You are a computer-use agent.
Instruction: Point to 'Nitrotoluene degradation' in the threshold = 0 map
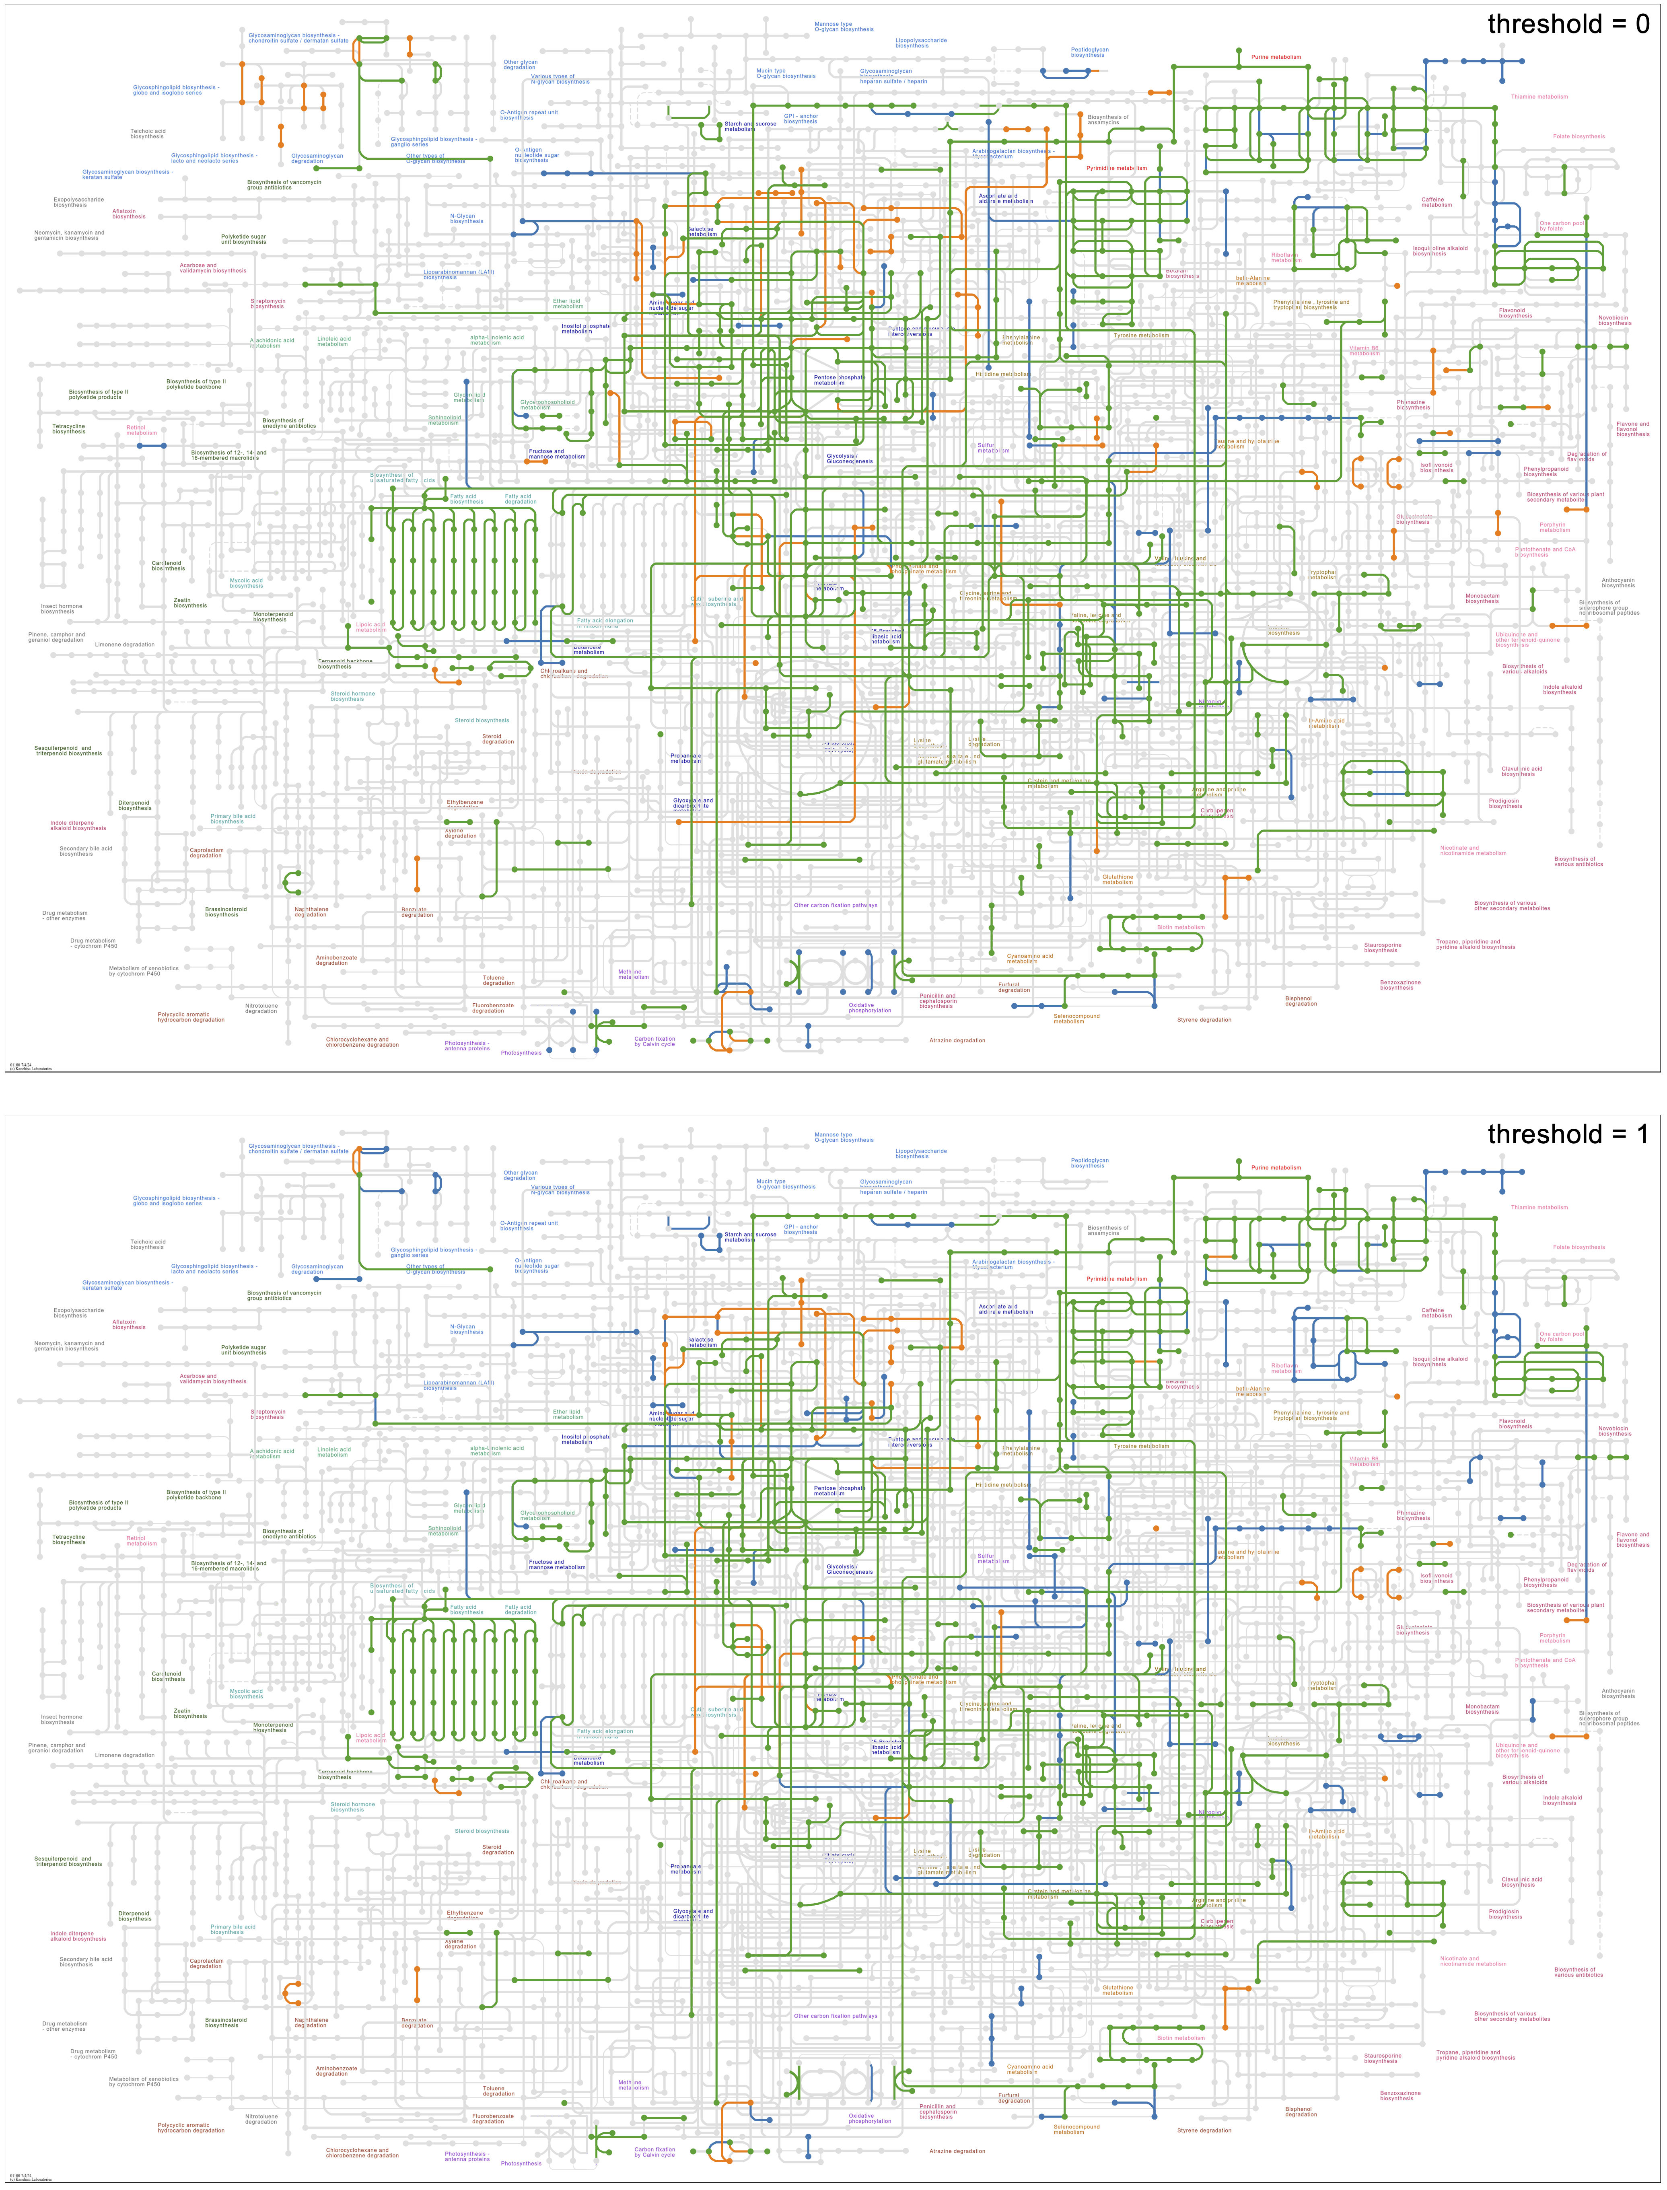[x=261, y=1008]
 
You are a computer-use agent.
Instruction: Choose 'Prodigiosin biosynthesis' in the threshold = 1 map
[x=1504, y=1913]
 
